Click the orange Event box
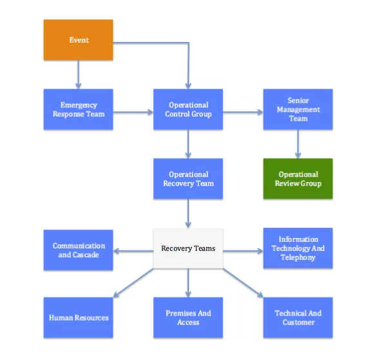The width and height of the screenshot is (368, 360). click(78, 40)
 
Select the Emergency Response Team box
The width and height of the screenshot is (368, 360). click(78, 109)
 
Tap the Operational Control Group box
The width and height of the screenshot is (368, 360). click(188, 109)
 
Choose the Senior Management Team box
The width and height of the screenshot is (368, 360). click(298, 109)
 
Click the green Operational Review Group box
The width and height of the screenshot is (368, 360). click(298, 179)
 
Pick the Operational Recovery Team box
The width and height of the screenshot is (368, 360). click(188, 179)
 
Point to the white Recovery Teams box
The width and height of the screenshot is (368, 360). click(188, 248)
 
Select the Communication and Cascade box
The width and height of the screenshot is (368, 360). click(78, 250)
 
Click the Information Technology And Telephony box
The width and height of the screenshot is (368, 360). click(298, 248)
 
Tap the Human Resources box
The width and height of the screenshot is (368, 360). click(78, 317)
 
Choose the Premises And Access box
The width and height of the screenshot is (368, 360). click(188, 317)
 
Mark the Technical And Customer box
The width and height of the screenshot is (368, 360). click(298, 317)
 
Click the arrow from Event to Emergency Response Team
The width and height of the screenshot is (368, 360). click(78, 74)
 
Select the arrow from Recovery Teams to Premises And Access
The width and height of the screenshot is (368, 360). click(188, 283)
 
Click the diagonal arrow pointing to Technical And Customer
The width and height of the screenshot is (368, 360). click(243, 283)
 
